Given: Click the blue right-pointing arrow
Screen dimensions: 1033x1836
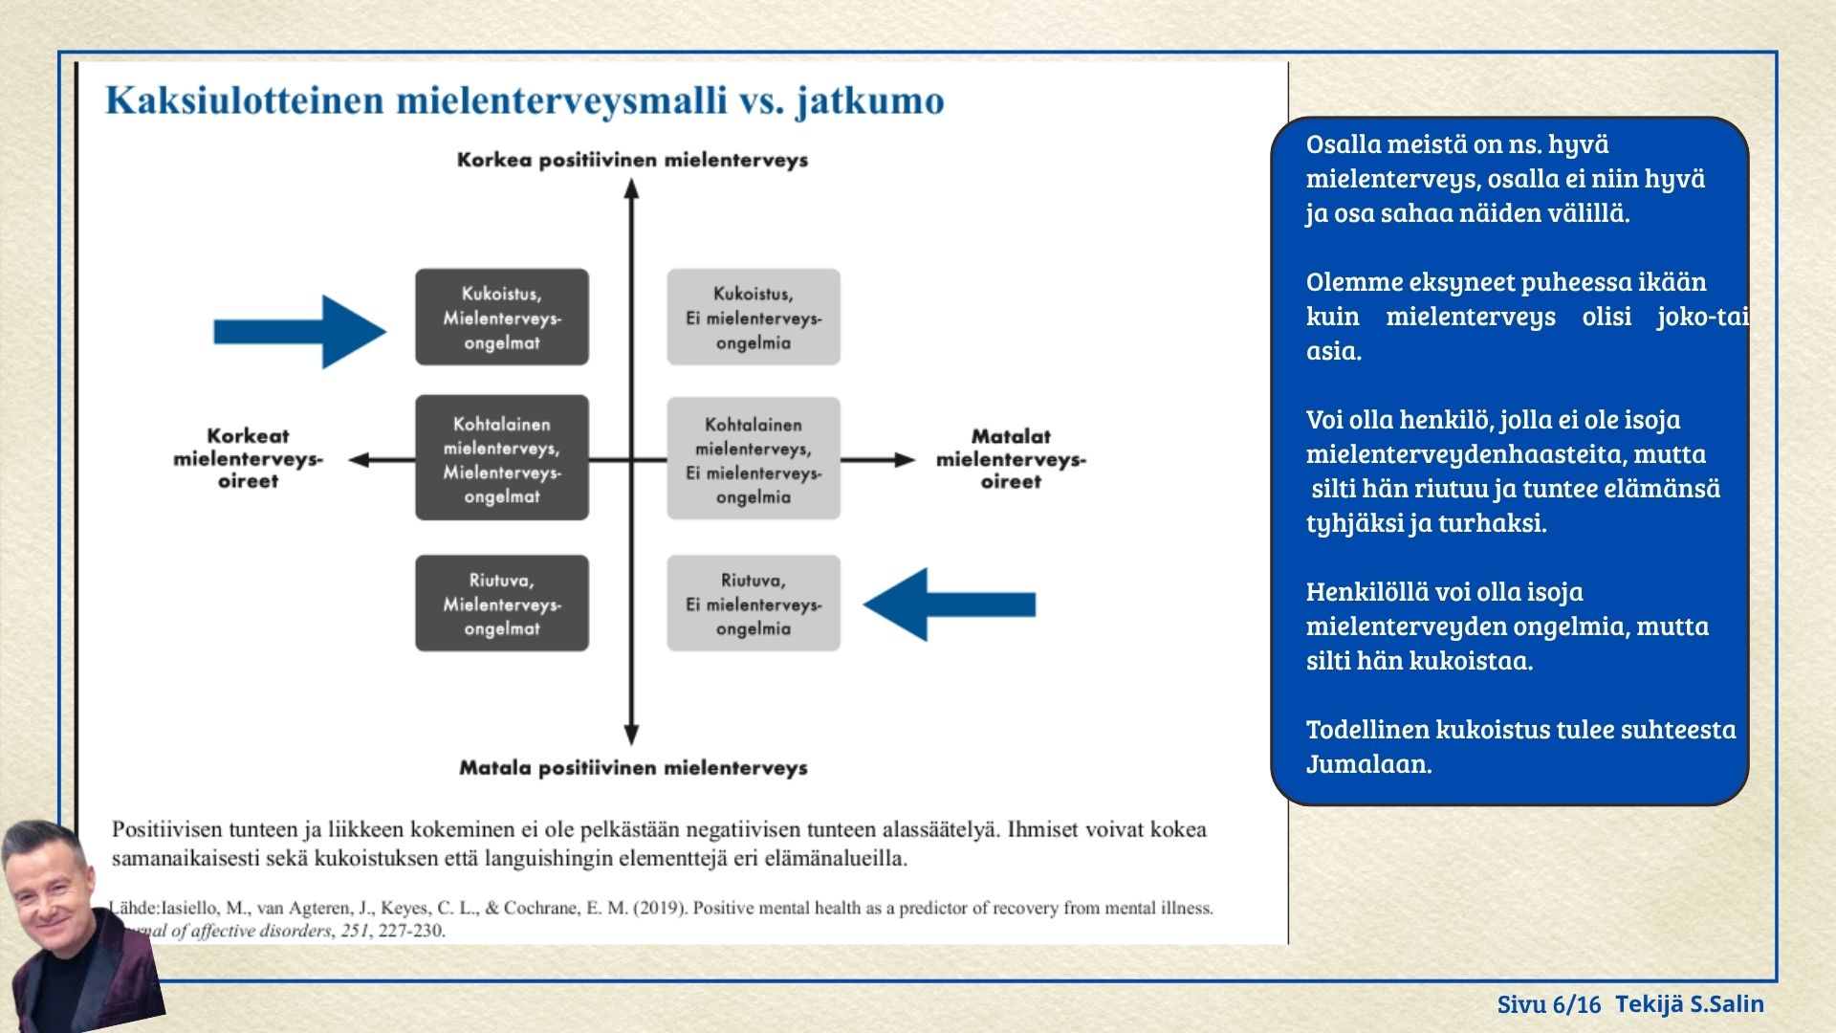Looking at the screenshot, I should point(300,331).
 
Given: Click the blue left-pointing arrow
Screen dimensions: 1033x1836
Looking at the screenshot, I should point(949,604).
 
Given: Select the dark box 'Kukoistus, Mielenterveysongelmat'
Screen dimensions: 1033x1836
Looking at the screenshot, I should point(502,318).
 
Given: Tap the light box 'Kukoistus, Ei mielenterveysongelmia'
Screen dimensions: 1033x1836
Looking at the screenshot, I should point(754,318).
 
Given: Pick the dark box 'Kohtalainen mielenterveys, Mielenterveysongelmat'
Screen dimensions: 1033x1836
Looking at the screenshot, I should point(502,459).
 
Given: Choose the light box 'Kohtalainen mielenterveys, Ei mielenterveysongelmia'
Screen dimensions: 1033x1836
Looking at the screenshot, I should point(754,459).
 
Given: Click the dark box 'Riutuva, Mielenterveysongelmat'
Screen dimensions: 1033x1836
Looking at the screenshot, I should point(502,604).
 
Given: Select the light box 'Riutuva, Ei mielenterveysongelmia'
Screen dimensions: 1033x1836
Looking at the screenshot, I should point(754,604).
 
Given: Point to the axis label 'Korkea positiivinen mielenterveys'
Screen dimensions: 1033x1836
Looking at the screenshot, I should point(632,160).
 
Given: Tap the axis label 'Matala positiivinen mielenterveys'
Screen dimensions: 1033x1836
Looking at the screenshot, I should point(633,767).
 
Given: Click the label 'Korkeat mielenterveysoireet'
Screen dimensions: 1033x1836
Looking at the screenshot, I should point(248,458).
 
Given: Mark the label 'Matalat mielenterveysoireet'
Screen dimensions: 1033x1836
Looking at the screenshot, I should point(1011,458).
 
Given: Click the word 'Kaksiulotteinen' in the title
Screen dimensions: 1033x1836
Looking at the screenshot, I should point(244,100).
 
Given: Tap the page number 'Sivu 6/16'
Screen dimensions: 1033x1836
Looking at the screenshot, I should point(1548,1004).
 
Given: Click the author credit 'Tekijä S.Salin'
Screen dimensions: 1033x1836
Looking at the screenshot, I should point(1690,1003).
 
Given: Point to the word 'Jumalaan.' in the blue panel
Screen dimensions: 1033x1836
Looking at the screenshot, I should point(1368,764).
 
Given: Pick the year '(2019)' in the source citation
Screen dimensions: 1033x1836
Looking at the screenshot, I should point(660,908).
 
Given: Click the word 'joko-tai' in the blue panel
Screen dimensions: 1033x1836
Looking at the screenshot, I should point(1702,317).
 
